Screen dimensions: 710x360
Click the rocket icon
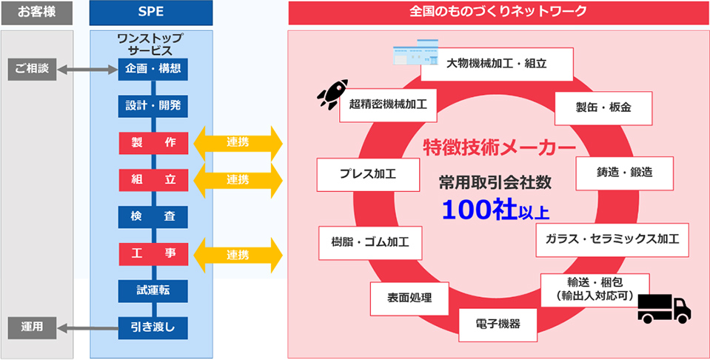(332, 94)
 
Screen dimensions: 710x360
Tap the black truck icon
(664, 308)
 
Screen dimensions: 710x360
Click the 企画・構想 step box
(153, 70)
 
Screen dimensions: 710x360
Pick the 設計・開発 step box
(153, 107)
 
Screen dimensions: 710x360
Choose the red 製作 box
(153, 143)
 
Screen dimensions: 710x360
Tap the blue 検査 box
(153, 217)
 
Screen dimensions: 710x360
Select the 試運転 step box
(153, 290)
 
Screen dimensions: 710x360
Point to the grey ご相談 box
(32, 70)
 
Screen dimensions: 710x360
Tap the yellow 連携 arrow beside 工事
(238, 256)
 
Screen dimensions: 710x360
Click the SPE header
(151, 13)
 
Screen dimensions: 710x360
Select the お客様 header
(37, 13)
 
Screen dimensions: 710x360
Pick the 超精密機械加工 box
(388, 105)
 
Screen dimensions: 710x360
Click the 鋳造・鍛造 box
(624, 173)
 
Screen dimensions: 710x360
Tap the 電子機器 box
(498, 324)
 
